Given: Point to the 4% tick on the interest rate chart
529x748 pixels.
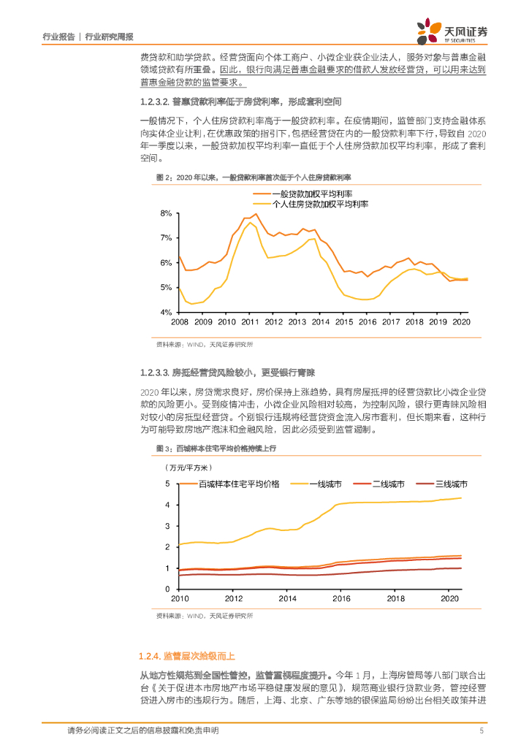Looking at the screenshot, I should [x=166, y=312].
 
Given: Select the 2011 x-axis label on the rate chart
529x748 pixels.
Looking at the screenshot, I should [x=251, y=322].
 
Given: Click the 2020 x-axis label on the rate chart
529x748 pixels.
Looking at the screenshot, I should [x=461, y=322].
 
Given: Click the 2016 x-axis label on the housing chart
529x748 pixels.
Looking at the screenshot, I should [x=341, y=598].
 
